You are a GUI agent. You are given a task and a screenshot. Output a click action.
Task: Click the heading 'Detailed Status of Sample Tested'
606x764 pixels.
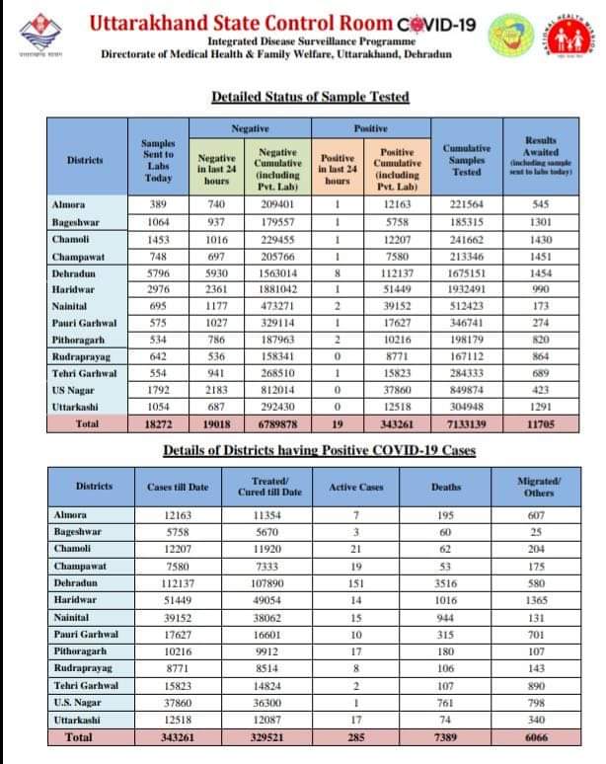tap(310, 97)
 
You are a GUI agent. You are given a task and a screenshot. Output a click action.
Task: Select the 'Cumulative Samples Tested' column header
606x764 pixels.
tap(467, 158)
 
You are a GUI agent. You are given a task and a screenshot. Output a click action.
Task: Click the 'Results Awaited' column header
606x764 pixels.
tap(541, 156)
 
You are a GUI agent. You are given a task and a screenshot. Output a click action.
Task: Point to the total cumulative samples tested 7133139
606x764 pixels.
tap(467, 423)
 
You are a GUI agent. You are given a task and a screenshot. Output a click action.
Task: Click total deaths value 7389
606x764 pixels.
tap(446, 737)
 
